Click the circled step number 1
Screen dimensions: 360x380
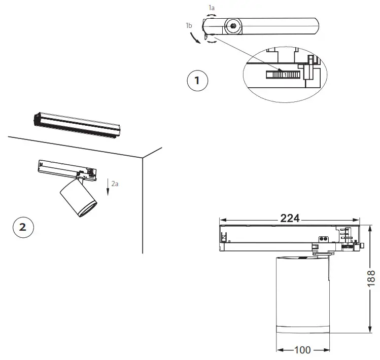coord(197,81)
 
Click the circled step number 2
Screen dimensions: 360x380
coord(22,227)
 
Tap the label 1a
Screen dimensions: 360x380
coord(212,8)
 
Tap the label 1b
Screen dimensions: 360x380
coord(189,25)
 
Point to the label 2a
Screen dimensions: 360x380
coord(115,184)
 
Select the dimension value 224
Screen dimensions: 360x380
coord(290,218)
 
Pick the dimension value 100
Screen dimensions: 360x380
coord(302,350)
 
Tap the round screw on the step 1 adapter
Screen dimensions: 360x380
coord(233,26)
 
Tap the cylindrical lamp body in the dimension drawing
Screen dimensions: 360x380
coord(302,294)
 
